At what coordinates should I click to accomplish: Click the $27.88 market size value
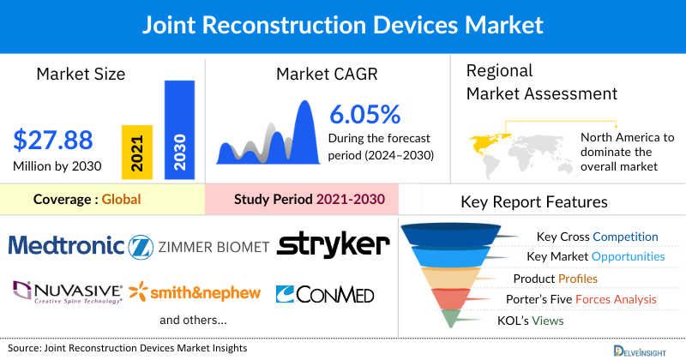[x=53, y=139]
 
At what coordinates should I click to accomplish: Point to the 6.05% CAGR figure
[x=365, y=114]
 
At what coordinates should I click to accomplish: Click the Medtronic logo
[x=66, y=247]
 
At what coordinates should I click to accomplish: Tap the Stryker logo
[x=334, y=245]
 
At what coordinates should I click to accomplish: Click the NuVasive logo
[x=67, y=292]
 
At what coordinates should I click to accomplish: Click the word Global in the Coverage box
[x=121, y=200]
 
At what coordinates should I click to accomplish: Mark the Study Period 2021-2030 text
[x=310, y=200]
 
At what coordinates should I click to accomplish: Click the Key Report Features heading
[x=534, y=202]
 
